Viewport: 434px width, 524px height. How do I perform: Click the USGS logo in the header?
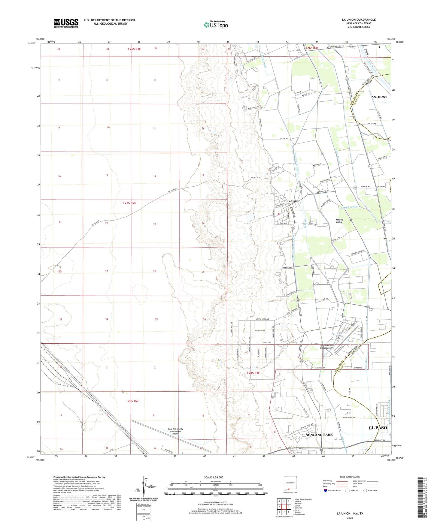(66, 23)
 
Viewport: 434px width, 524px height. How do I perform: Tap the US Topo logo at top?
(216, 25)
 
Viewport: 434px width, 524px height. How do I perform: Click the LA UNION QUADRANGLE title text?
(359, 20)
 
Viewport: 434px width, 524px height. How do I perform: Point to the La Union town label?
(293, 201)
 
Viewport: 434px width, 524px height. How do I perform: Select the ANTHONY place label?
(379, 97)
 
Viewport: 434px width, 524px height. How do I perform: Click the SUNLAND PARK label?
(319, 435)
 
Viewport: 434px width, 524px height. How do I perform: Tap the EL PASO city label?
(378, 428)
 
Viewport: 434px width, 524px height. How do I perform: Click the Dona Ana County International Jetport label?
(176, 431)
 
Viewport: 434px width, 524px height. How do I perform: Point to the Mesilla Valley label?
(339, 221)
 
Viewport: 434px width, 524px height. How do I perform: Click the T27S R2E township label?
(129, 203)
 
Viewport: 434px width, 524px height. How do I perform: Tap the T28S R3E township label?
(253, 373)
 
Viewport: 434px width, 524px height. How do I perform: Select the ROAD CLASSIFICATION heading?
(350, 477)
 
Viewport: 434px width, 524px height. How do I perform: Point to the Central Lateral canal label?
(349, 207)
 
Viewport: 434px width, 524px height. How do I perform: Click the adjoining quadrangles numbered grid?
(284, 507)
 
